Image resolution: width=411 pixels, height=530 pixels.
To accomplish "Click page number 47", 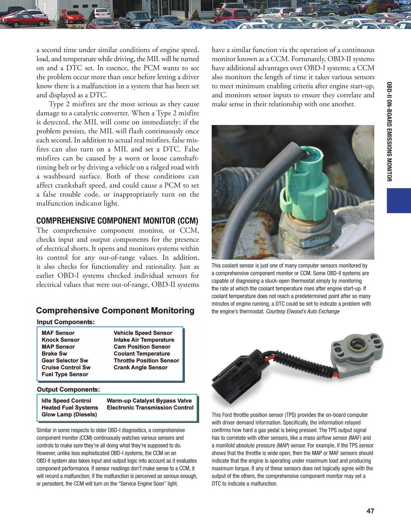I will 370,511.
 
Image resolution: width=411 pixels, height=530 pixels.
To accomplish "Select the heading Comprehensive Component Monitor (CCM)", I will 117,221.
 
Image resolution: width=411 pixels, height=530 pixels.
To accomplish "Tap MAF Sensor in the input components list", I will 58,333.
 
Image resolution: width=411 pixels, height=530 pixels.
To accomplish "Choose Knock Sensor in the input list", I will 60,340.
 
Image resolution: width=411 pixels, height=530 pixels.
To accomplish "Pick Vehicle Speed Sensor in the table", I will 143,333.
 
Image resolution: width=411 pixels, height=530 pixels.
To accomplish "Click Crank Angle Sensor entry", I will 141,367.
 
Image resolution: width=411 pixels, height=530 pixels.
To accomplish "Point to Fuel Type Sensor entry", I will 65,374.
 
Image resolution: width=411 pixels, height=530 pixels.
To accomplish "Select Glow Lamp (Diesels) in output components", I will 69,414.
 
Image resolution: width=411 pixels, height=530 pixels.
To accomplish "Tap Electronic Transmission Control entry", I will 150,407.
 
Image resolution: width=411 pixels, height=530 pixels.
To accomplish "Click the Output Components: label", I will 68,389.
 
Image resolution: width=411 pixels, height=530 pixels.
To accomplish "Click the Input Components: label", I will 66,322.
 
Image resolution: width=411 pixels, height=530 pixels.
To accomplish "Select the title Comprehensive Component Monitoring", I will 115,310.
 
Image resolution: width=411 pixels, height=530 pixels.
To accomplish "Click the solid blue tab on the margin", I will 399,201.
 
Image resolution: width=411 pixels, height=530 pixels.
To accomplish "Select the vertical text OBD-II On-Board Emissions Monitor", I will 389,131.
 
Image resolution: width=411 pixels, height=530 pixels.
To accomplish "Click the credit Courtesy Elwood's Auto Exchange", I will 302,311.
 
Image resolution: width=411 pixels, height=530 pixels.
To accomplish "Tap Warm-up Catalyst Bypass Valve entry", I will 149,401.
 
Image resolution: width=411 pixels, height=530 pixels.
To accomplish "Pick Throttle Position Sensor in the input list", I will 146,360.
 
